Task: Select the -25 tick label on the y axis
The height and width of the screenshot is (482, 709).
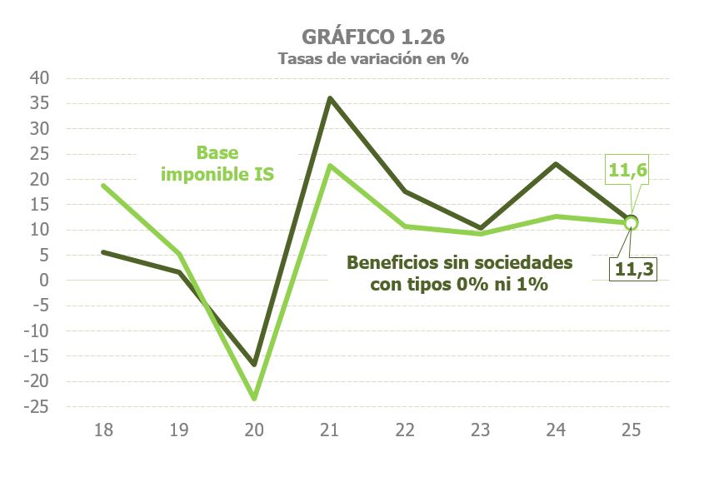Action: (x=38, y=407)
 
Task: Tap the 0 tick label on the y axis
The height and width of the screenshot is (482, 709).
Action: (x=47, y=281)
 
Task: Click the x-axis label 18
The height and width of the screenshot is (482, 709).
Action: (x=103, y=430)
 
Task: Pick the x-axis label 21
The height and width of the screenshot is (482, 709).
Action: (x=329, y=430)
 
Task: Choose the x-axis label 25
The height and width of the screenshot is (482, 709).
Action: (x=631, y=430)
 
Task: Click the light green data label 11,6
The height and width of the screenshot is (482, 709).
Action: (x=629, y=171)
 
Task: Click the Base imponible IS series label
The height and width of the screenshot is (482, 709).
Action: (x=228, y=164)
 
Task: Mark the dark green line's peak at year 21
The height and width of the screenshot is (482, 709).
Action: (x=330, y=98)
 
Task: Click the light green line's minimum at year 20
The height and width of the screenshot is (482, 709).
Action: (x=254, y=398)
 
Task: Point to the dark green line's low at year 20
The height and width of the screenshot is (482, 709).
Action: (x=254, y=365)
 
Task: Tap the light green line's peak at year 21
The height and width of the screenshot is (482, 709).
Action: (x=330, y=165)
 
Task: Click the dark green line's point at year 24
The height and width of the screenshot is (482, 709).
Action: (x=556, y=163)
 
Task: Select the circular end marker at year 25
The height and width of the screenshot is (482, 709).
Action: (x=631, y=222)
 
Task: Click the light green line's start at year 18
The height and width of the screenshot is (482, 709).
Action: (x=103, y=185)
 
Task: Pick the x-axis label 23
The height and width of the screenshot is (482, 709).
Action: (x=480, y=430)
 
